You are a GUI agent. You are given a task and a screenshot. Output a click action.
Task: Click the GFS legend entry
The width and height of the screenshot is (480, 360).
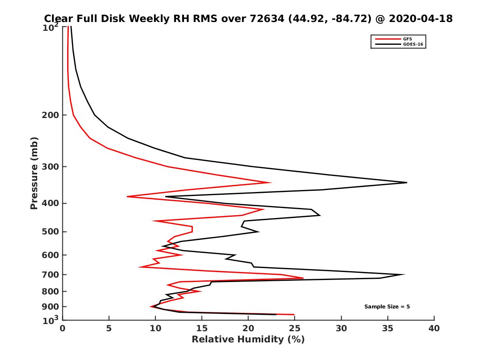(408, 39)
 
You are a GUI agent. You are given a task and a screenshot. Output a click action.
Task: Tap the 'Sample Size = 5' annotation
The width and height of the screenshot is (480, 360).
(387, 307)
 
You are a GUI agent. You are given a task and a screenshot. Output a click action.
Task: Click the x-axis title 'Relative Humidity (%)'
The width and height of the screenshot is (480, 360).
(248, 340)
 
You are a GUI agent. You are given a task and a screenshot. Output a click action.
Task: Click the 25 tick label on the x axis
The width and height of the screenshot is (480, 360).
(295, 328)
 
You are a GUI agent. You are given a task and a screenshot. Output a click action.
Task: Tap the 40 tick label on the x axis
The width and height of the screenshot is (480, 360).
(434, 328)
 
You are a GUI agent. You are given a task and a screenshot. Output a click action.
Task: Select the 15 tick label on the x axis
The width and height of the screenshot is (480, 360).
(202, 328)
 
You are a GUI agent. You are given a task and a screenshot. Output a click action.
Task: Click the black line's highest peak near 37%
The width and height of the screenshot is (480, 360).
(406, 182)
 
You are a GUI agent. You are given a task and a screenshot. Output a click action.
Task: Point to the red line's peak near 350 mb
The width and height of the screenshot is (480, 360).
(271, 182)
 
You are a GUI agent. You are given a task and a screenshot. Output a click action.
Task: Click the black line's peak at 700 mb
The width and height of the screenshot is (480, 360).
(404, 274)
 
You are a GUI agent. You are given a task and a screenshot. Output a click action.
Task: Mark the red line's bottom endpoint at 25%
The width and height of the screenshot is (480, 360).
(294, 315)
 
